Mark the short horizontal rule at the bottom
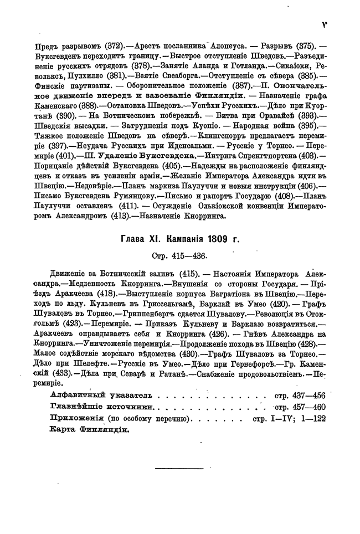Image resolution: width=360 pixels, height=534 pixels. click(x=180, y=469)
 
